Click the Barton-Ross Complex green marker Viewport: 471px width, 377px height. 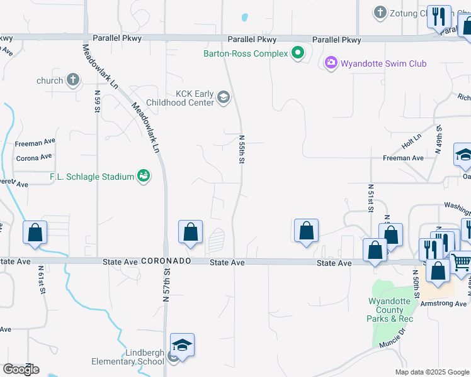298,54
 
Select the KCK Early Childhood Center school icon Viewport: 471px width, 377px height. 222,97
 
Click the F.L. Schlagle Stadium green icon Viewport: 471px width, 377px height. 144,177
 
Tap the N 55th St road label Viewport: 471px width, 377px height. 241,150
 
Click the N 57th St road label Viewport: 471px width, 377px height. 167,286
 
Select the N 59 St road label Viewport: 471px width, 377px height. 98,101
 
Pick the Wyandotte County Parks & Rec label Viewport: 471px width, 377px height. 390,310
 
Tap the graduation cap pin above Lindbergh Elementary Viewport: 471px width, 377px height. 182,346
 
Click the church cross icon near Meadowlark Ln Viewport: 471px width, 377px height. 73,80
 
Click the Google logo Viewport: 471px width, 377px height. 21,369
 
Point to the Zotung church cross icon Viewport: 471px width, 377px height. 380,13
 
